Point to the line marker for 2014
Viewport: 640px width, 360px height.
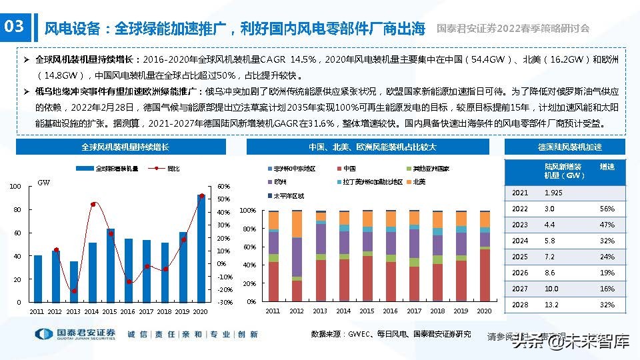(x=93, y=204)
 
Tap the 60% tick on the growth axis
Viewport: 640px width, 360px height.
(x=224, y=187)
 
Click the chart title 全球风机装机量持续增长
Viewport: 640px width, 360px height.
(x=125, y=147)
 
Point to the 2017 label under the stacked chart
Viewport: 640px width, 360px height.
(x=413, y=311)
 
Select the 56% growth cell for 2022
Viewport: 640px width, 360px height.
(x=607, y=209)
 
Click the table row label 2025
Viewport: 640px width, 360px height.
(x=520, y=257)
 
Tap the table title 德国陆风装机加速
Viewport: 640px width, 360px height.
(x=565, y=147)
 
